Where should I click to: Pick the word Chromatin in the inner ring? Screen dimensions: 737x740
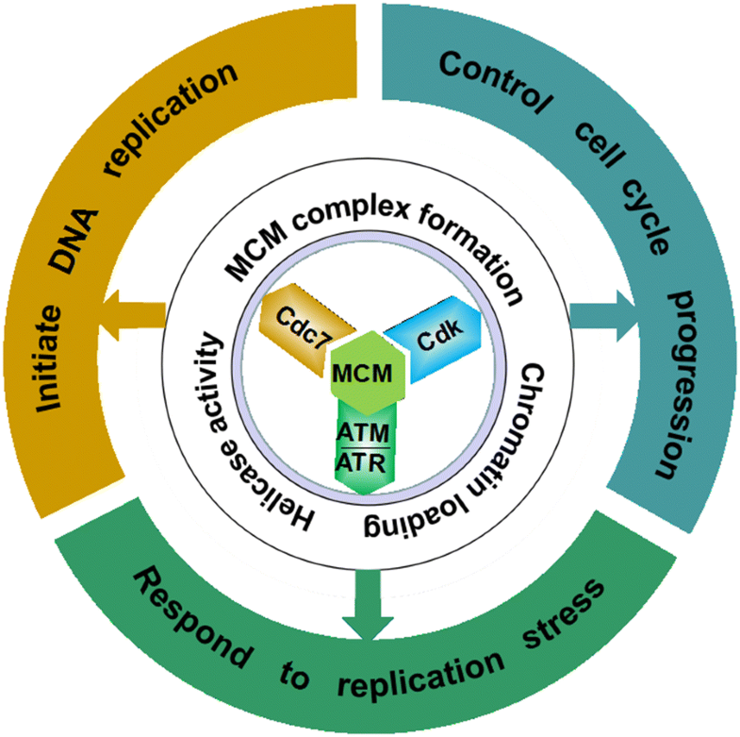(518, 410)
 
